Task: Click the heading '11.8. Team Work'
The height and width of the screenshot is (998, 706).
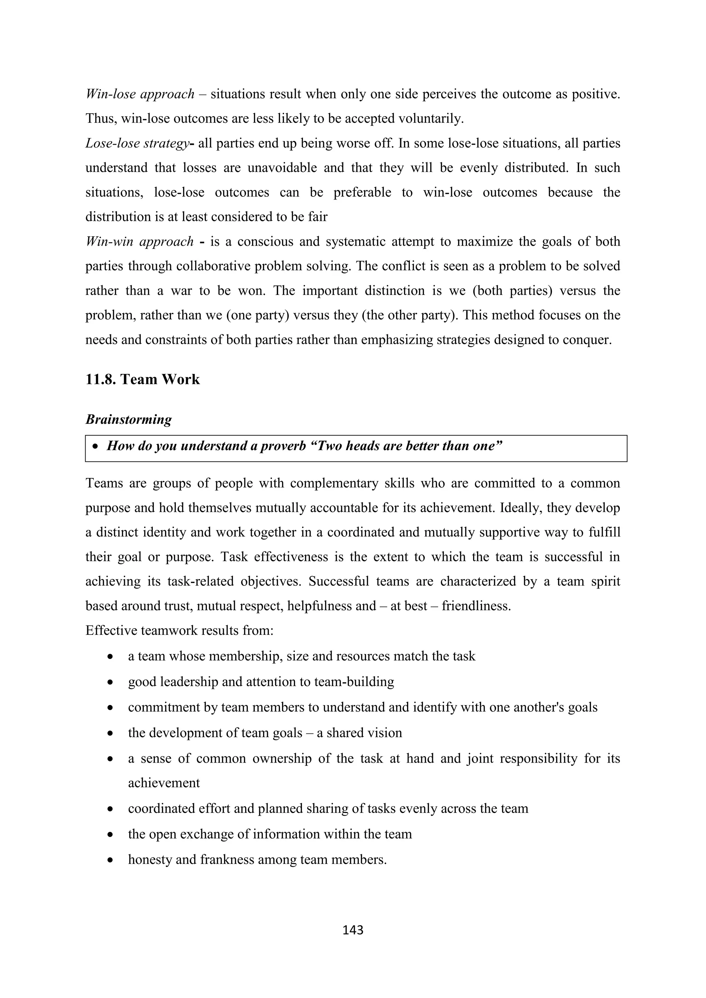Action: pyautogui.click(x=143, y=379)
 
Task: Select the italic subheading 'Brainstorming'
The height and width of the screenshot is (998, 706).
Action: pyautogui.click(x=128, y=419)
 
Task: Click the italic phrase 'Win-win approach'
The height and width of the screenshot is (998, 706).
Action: pyautogui.click(x=140, y=242)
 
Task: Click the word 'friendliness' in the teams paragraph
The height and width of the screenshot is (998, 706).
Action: pyautogui.click(x=476, y=606)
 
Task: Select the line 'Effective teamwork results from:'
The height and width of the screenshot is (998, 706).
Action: pyautogui.click(x=179, y=630)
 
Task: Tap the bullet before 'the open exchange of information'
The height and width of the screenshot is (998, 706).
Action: pyautogui.click(x=111, y=835)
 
